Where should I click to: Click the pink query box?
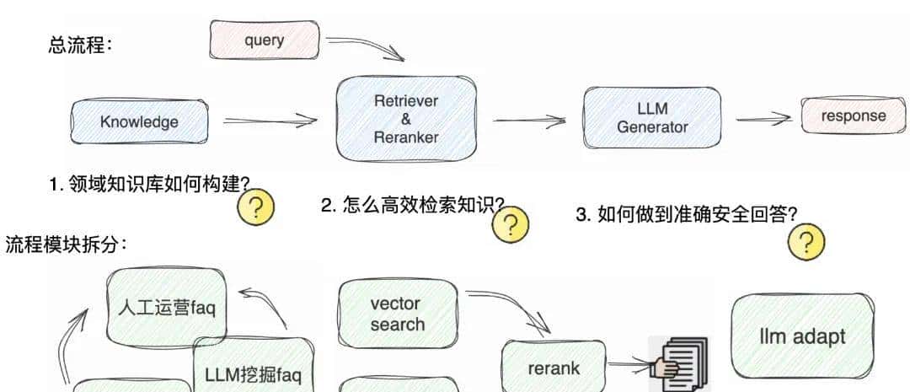point(264,40)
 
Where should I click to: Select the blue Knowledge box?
point(140,121)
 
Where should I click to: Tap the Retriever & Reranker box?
point(406,118)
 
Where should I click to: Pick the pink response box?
point(853,116)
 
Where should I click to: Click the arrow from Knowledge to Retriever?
point(270,121)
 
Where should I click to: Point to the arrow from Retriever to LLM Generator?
point(528,121)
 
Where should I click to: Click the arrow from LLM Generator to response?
point(763,119)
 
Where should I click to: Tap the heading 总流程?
point(80,45)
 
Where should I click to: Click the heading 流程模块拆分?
point(66,244)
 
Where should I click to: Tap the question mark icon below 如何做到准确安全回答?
point(806,242)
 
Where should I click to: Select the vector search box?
point(397,314)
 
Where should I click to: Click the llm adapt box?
point(801,336)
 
